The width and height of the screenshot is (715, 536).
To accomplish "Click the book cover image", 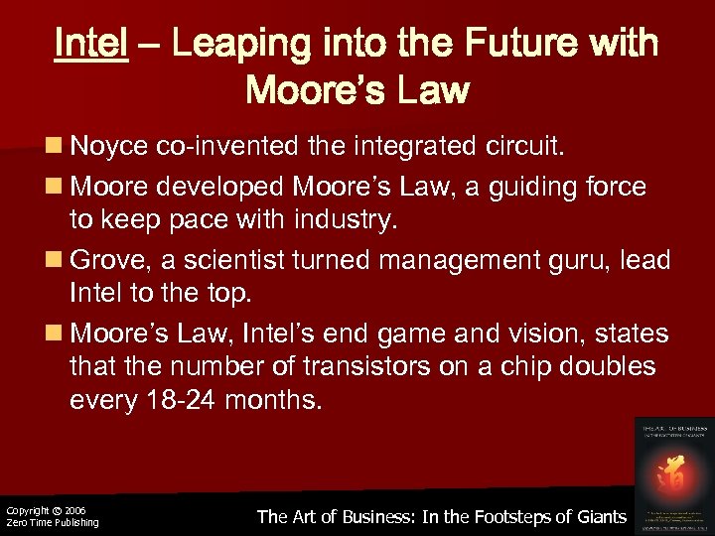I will tap(673, 474).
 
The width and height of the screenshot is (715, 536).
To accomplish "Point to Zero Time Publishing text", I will tap(52, 523).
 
